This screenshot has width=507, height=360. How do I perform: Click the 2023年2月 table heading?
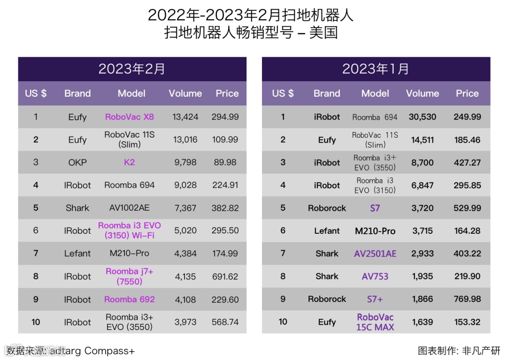(x=132, y=69)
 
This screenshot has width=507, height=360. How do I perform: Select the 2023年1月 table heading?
(x=376, y=69)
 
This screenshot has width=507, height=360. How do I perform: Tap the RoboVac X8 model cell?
(x=130, y=117)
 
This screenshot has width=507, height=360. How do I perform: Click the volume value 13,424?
(x=185, y=117)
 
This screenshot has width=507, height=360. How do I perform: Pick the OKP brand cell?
(x=77, y=162)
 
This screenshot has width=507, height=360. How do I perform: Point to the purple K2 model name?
(x=130, y=162)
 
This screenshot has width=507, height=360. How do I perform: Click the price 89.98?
(x=225, y=162)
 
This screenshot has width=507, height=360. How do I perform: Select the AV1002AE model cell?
(x=130, y=208)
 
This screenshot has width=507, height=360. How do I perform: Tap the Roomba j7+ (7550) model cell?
(x=130, y=276)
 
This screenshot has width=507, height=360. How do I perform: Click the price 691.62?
(x=225, y=276)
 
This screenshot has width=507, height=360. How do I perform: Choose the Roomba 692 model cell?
(x=130, y=299)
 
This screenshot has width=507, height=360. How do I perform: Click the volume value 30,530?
(x=422, y=117)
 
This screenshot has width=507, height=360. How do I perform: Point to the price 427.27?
(x=467, y=162)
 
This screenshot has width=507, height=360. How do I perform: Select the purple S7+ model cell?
(x=375, y=299)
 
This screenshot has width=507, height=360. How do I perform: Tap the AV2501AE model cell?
(x=375, y=253)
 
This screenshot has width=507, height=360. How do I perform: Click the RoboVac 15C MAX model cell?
(x=375, y=322)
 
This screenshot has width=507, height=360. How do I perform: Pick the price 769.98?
(x=467, y=299)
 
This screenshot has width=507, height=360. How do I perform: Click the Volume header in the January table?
(x=422, y=93)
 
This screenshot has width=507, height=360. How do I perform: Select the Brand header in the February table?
(x=77, y=93)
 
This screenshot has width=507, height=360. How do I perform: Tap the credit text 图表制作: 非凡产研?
(x=459, y=351)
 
